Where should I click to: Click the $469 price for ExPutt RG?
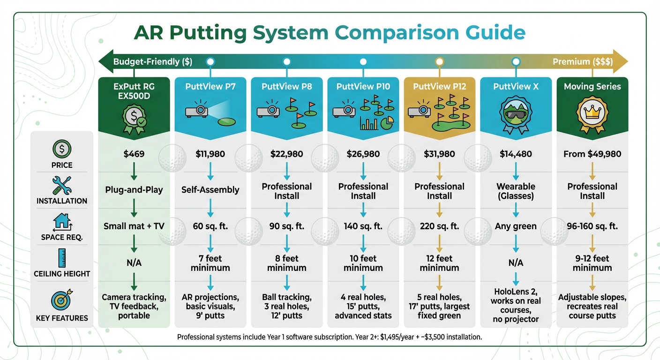coord(134,154)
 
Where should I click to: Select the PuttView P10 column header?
coord(363,86)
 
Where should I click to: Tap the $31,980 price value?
coord(439,154)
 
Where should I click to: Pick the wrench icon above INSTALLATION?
coord(62,186)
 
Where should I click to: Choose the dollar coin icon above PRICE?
coord(62,149)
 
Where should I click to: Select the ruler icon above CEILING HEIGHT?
coord(62,258)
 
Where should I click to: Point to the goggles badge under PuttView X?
coord(516,115)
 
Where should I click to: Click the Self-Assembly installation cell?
coord(210,190)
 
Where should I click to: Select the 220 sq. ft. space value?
coord(439,226)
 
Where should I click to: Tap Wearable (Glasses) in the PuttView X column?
coord(516,191)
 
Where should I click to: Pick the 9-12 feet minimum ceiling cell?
coord(592,263)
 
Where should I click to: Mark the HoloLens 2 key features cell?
coord(516,306)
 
